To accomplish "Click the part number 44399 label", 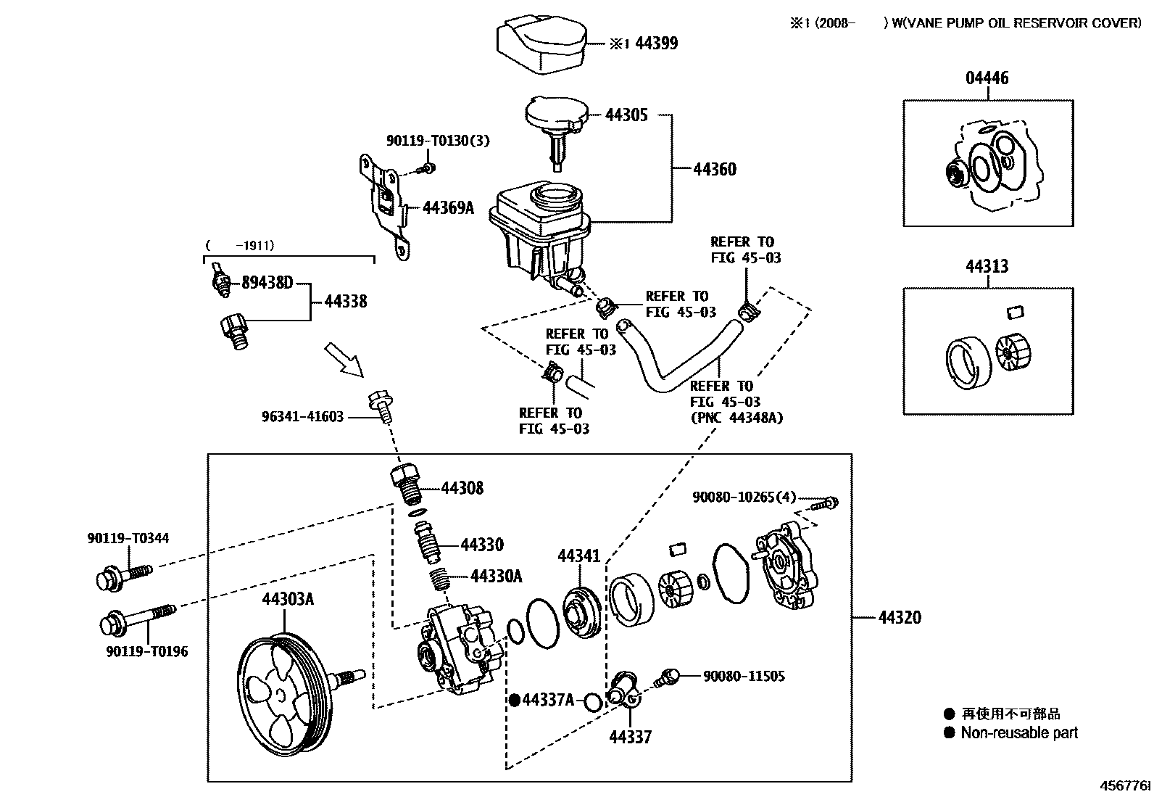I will click(x=656, y=44).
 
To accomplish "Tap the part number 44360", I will click(x=714, y=170).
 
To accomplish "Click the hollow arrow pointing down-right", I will click(x=344, y=360).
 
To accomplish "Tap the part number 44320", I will click(x=900, y=618).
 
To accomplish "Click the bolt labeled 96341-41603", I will click(x=382, y=405).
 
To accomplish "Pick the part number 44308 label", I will click(x=462, y=489).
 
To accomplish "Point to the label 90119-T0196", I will click(x=147, y=651).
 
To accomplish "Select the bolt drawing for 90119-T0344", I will click(x=124, y=576).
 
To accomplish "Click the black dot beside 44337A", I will click(x=514, y=700).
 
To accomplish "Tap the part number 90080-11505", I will click(x=744, y=676).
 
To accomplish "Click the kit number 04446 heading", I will click(x=987, y=78).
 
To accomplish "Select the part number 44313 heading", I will click(x=987, y=267).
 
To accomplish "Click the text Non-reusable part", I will click(x=1019, y=733).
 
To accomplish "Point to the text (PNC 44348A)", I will click(x=736, y=418).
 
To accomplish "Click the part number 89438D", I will click(x=267, y=283).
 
